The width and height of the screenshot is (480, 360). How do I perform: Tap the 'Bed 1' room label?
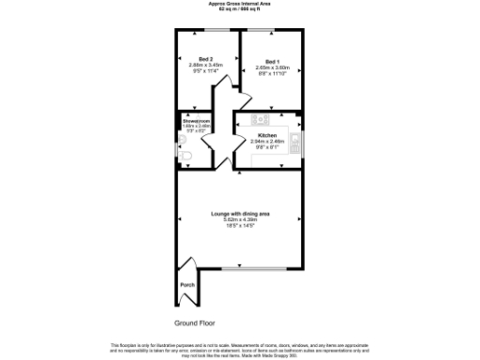click(x=271, y=61)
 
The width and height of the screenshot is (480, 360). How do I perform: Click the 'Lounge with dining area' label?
click(x=239, y=214)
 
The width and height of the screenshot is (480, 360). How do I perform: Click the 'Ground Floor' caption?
click(x=195, y=297)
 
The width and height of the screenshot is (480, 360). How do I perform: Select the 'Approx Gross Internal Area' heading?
click(x=239, y=4)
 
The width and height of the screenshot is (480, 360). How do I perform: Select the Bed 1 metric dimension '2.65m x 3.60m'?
click(x=271, y=67)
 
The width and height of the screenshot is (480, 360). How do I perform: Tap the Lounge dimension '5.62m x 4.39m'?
click(x=239, y=220)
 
